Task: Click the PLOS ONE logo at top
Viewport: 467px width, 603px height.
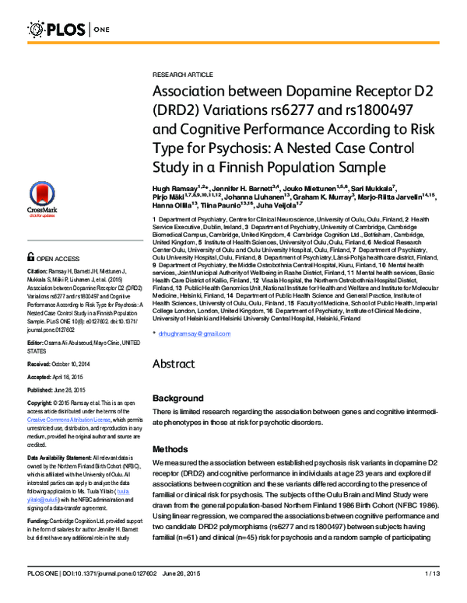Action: (x=68, y=30)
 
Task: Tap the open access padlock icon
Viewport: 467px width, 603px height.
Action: (x=30, y=257)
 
